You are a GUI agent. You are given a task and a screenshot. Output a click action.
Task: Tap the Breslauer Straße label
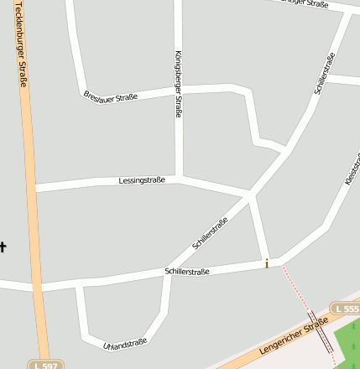[x=111, y=97]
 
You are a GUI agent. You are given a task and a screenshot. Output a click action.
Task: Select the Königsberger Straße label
[x=178, y=84]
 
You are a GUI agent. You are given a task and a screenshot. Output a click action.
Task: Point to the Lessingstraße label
[x=142, y=180]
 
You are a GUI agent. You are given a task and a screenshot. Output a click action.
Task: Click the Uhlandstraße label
[x=125, y=343]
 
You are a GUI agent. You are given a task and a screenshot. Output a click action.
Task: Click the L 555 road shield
[x=346, y=309]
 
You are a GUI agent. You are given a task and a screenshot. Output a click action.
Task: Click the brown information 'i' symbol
[x=267, y=264]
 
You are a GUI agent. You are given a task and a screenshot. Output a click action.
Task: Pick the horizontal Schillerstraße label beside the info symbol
[x=187, y=272]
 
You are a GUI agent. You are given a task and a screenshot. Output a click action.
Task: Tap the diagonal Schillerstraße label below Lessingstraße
[x=210, y=234]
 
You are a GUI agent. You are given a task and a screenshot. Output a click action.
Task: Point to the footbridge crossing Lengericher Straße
[x=320, y=332]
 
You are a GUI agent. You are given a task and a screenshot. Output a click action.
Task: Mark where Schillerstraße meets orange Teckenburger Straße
[x=36, y=286]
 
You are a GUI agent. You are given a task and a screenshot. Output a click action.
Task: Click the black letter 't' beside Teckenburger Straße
[x=3, y=246]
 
